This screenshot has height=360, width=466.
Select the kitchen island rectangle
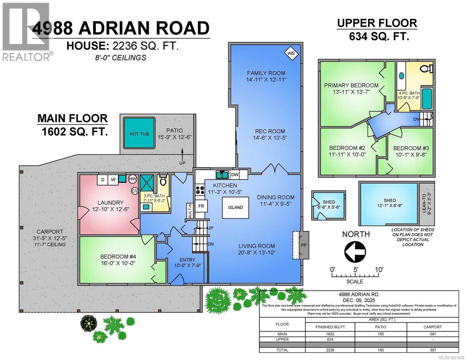tap(235, 208)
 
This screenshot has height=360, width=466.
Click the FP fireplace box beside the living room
tap(303, 245)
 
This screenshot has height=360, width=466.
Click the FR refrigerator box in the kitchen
tap(201, 206)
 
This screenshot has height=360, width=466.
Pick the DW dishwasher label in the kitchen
tap(234, 175)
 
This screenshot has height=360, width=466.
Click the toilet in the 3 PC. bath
tap(163, 181)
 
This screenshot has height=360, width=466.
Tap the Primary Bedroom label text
tap(351, 85)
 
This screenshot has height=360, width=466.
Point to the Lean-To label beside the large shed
tap(426, 205)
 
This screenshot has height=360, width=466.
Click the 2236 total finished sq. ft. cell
tap(330, 350)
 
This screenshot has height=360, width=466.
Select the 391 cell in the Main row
tap(432, 334)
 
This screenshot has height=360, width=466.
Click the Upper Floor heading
tap(377, 23)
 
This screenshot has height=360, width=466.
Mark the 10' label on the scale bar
tap(379, 269)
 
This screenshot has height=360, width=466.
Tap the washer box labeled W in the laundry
tap(113, 179)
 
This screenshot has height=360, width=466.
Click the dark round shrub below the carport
tap(89, 323)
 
